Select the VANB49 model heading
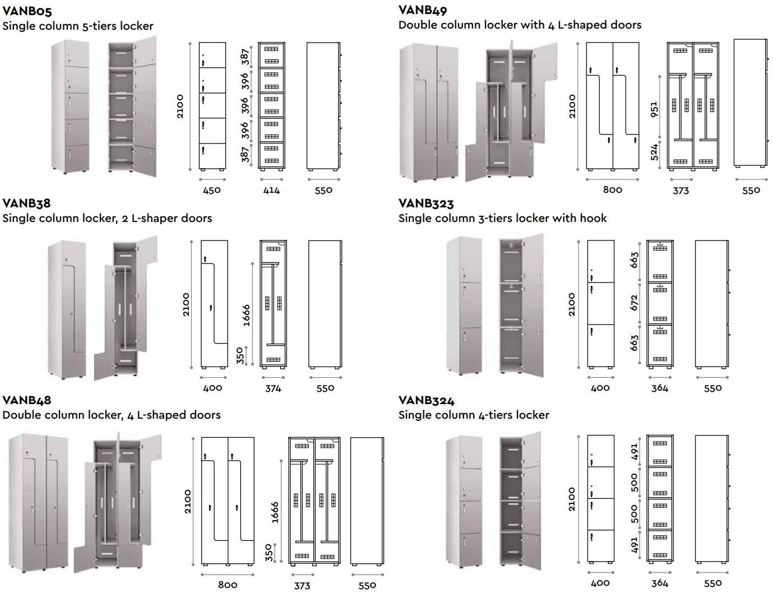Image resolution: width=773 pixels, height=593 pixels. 423,10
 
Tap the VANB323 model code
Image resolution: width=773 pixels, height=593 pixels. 426,203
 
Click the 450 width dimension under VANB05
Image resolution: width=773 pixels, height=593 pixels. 211,190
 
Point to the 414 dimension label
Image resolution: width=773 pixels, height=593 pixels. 271,190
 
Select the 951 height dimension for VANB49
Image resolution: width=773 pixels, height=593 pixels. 654,109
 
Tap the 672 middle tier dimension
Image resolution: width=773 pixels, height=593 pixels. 634,303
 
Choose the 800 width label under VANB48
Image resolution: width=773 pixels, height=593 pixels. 228,585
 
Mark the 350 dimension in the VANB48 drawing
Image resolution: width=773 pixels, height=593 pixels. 269,553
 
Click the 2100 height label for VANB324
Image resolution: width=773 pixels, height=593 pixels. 572,499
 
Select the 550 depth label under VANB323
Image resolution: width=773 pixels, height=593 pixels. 712,388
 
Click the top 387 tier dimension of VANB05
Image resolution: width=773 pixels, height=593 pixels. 246,57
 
